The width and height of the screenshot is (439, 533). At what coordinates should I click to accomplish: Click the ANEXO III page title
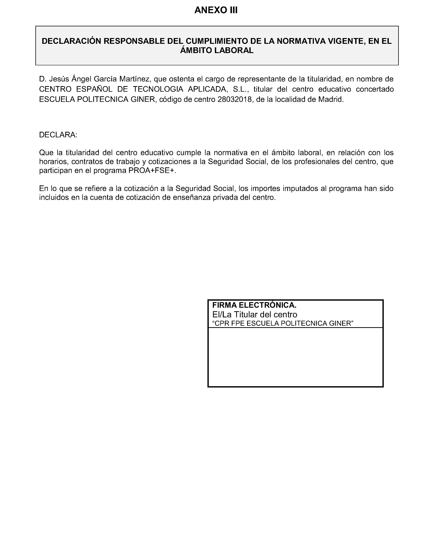coord(216,10)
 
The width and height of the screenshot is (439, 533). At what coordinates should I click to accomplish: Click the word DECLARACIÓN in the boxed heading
coord(72,41)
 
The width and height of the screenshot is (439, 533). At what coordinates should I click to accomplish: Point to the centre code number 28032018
coord(234,99)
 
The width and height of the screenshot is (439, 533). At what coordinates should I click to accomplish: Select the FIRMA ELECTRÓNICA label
coord(254,305)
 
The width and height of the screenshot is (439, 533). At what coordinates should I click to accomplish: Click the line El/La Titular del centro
coord(255,315)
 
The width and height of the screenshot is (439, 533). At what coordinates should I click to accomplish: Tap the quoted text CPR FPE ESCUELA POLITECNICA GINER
coord(283,323)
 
